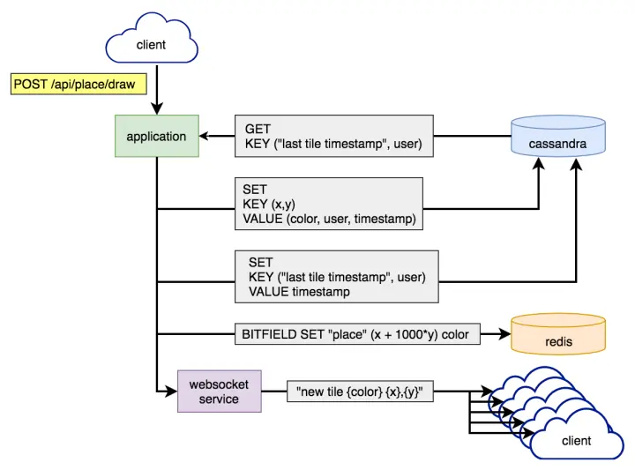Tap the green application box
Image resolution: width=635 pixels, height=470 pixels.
pos(156,137)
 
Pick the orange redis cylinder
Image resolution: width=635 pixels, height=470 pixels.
pos(558,335)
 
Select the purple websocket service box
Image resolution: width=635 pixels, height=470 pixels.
pos(220,392)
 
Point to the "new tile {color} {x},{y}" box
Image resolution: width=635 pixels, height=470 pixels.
pos(360,392)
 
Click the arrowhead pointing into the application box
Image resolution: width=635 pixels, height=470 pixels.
pos(204,137)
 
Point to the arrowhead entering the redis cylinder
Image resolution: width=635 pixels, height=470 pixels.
pos(506,334)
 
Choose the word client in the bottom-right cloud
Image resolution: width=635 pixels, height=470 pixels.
pos(577,440)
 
